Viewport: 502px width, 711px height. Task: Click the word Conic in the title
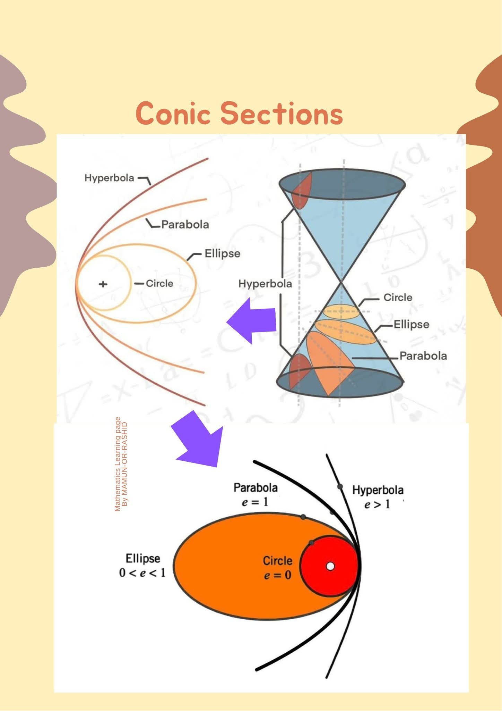coord(173,113)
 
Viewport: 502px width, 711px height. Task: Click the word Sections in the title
coord(282,113)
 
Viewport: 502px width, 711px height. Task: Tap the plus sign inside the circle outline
coord(103,284)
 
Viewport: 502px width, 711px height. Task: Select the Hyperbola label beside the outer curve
coord(109,178)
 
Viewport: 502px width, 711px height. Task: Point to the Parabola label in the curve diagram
coord(185,225)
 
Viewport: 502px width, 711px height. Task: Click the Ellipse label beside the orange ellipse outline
coord(222,253)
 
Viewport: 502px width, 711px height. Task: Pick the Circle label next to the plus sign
coord(159,284)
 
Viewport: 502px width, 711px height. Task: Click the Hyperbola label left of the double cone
coord(265,284)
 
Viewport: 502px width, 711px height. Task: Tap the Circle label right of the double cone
coord(398,298)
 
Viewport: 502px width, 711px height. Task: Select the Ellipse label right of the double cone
coord(412,325)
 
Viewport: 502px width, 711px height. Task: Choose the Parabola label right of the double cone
coord(423,356)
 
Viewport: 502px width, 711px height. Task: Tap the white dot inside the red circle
coord(330,566)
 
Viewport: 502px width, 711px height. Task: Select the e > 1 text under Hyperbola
coord(377,504)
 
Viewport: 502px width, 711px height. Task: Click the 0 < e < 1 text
coord(142,572)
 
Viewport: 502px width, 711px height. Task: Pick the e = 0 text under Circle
coord(277,575)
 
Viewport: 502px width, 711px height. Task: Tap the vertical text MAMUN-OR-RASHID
coord(125,464)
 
